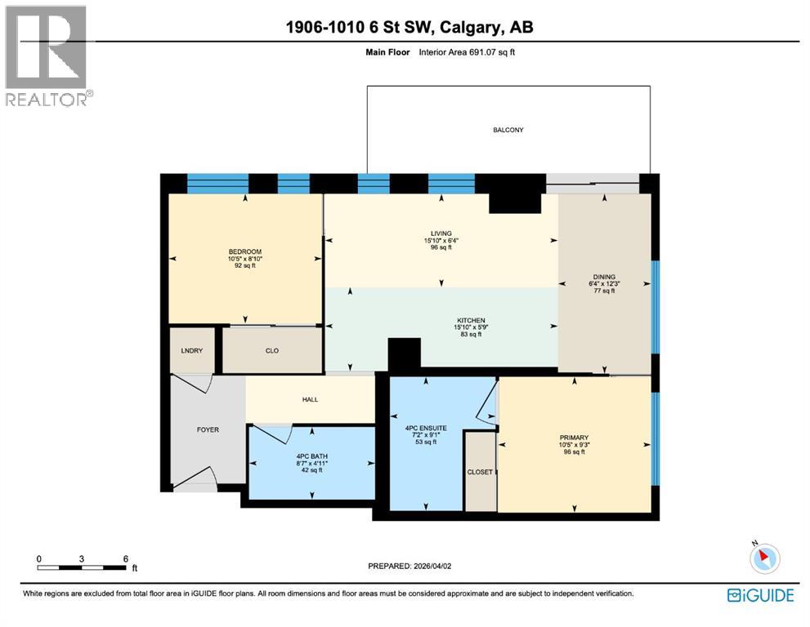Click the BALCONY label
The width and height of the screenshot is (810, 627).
(x=508, y=130)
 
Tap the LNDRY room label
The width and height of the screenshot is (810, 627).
(x=191, y=350)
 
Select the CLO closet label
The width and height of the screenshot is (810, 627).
(x=272, y=350)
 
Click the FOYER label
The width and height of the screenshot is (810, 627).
(x=208, y=429)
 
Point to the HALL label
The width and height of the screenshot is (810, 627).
(x=309, y=400)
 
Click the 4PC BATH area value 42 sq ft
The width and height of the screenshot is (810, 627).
(x=309, y=470)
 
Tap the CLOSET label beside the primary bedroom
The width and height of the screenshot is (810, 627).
(x=480, y=472)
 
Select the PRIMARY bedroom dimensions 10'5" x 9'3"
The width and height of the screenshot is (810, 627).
(x=575, y=445)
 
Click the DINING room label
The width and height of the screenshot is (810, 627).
(x=604, y=277)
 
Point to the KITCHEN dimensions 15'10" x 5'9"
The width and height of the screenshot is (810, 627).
(x=472, y=327)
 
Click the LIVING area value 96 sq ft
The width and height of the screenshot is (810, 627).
(x=441, y=247)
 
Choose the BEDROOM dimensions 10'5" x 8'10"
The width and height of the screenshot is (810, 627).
(x=244, y=259)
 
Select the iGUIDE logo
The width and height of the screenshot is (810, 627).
(x=760, y=595)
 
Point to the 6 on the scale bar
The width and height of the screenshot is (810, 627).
(x=125, y=558)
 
